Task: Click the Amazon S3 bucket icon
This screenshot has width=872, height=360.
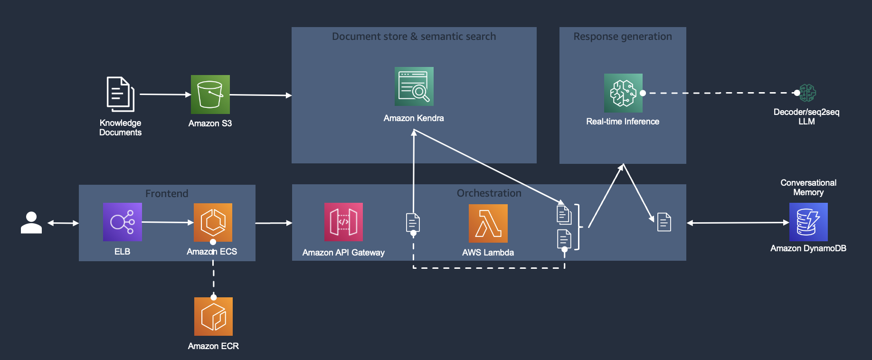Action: coord(210,95)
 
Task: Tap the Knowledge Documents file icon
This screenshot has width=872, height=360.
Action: coord(120,94)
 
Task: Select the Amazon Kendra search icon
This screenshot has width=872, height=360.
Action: coord(414,86)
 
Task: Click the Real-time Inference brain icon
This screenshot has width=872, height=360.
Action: coord(623,93)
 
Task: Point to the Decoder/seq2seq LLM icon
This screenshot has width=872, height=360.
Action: coord(807,93)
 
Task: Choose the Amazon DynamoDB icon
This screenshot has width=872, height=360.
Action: coord(808,222)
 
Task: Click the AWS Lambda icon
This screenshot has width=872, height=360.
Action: coord(488,223)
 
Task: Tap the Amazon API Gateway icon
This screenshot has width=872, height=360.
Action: coord(343,222)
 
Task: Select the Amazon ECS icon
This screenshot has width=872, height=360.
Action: coord(213,222)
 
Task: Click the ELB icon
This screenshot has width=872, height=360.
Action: coord(123,222)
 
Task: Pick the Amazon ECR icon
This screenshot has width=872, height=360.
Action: coord(213,316)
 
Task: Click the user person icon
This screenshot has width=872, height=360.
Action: coord(31,222)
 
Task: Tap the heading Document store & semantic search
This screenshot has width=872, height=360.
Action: coord(414,37)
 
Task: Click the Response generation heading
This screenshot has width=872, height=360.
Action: coord(623,37)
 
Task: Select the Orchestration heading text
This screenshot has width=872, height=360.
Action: coord(489,193)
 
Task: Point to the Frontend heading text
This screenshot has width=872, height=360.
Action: coord(167,194)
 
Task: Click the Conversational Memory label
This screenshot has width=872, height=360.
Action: coord(808,188)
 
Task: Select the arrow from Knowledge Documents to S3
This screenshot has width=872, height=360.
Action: coord(165,95)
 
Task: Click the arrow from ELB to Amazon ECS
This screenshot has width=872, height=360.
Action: coord(168,222)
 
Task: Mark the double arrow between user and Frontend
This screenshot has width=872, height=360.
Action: coord(63,223)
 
